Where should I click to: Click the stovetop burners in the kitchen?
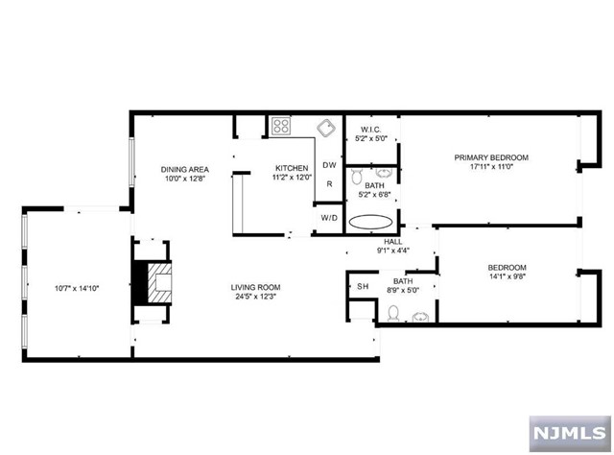[281, 126]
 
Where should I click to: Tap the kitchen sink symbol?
[326, 128]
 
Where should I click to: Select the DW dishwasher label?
[329, 165]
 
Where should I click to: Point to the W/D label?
[329, 218]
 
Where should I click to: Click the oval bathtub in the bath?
[370, 222]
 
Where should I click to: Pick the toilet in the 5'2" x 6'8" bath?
[356, 177]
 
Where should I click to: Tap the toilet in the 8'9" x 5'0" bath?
[393, 314]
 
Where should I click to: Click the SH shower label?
[363, 286]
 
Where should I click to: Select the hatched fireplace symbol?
[160, 282]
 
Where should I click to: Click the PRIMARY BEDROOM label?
[491, 157]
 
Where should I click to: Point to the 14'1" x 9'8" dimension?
[508, 276]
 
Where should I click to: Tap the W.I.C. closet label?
[370, 130]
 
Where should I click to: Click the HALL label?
[392, 242]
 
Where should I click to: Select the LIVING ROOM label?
[256, 287]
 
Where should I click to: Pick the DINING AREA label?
[185, 169]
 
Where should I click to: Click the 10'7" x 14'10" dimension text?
[77, 288]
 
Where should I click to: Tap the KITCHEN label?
[292, 168]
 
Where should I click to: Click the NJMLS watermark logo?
[570, 434]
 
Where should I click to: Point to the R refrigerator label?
[330, 183]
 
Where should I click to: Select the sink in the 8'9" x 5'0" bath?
[420, 316]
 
